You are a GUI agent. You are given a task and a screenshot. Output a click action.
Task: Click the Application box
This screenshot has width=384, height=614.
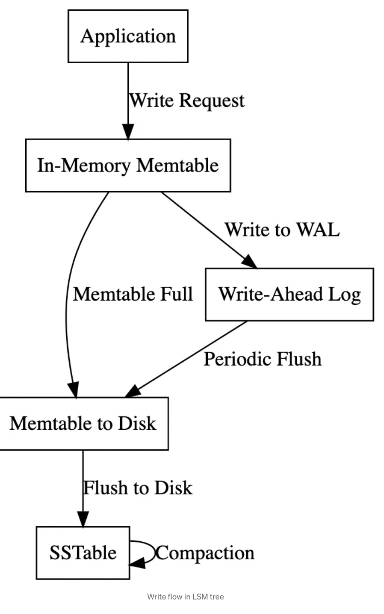pos(128,36)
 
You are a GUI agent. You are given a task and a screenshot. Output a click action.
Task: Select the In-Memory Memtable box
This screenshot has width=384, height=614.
pos(128,165)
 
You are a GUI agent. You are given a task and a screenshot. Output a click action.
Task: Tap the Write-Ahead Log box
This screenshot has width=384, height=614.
pos(289,295)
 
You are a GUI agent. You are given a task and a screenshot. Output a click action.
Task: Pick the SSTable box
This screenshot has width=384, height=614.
pos(83,553)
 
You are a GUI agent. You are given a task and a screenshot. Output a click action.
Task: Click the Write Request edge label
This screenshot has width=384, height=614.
pos(187,101)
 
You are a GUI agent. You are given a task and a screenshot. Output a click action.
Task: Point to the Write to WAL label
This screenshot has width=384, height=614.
pos(282,230)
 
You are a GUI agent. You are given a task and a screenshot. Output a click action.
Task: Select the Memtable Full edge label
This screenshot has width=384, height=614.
pos(133,295)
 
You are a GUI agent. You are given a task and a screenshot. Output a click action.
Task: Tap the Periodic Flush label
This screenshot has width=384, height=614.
pos(263,359)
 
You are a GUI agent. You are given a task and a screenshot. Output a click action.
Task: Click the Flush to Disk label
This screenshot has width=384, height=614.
pos(138,488)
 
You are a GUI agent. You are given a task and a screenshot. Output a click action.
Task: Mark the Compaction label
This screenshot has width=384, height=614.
pos(205,553)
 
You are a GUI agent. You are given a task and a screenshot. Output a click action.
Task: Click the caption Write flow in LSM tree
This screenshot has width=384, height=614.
pos(186,597)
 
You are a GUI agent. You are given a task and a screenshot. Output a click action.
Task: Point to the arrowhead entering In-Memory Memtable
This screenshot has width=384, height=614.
pos(128,132)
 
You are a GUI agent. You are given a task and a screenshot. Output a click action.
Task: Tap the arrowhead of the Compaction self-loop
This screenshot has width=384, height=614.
pos(137,564)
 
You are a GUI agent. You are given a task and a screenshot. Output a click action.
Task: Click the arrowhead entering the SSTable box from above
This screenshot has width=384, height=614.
pos(83,520)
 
